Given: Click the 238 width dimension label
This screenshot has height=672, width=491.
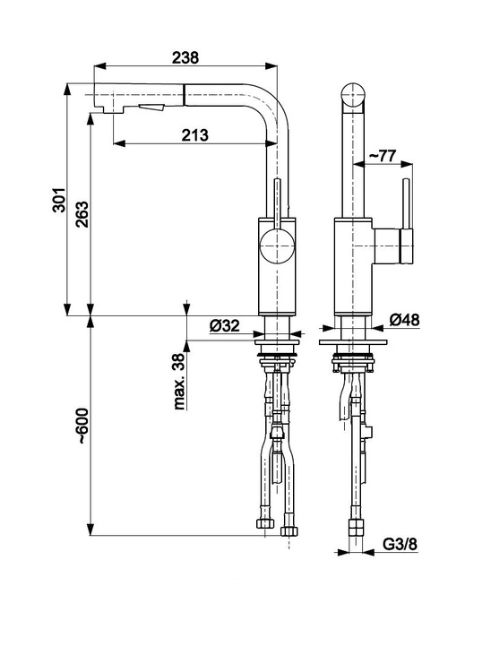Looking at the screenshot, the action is [185, 57].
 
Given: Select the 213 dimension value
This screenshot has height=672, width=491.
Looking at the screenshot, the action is [195, 135].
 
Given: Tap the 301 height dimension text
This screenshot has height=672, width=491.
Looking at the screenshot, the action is [59, 200].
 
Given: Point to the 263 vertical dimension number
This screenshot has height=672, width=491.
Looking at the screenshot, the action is [82, 214].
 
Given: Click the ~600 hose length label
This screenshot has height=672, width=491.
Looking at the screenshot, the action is [82, 426].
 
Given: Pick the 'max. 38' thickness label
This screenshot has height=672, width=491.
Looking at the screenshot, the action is [179, 382].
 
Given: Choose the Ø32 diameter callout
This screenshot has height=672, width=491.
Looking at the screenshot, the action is [225, 326].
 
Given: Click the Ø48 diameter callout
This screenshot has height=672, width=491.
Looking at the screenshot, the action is [404, 320].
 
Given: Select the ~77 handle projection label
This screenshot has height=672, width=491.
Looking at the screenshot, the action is [383, 156].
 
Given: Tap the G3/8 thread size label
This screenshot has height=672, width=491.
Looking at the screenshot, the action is [400, 544].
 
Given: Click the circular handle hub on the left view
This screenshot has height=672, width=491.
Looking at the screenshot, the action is [277, 246].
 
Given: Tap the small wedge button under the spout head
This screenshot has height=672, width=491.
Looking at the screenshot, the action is [152, 108].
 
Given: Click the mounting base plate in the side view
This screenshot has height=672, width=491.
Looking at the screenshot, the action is [353, 342].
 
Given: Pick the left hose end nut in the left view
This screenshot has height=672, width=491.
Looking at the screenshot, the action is [265, 523].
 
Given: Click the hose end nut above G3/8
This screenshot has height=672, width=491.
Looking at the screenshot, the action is [356, 528].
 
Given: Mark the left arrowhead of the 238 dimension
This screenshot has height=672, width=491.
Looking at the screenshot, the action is [99, 66].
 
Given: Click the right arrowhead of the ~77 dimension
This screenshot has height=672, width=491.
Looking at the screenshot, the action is [407, 163].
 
